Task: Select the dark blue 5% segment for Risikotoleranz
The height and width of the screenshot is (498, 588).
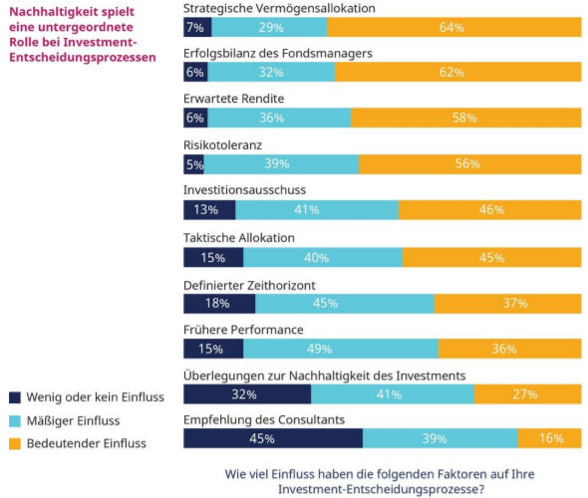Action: point(193,163)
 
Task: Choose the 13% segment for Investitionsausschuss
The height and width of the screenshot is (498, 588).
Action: point(209,209)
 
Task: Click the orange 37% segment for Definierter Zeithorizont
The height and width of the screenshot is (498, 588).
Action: point(508,303)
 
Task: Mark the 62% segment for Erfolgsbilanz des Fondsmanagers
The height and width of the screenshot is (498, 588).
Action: point(458,72)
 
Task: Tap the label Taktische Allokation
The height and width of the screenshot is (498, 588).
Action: point(239,237)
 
